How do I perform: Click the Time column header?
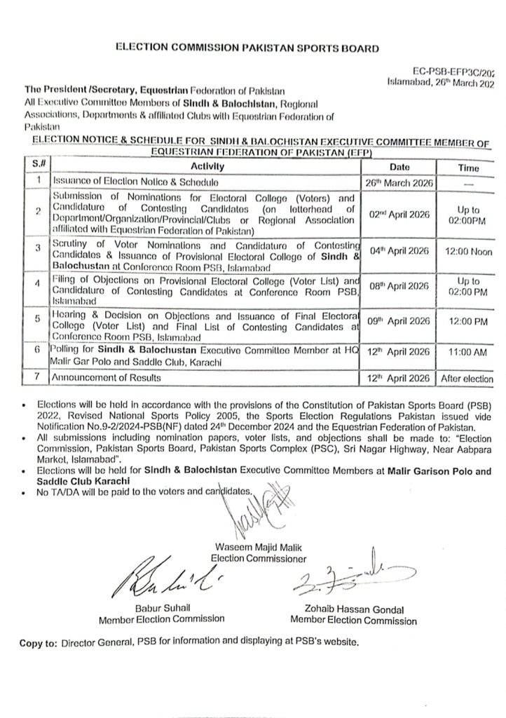tap(468, 168)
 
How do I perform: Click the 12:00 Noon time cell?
tap(468, 250)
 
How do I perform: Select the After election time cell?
tap(468, 379)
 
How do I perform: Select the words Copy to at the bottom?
tap(39, 642)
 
